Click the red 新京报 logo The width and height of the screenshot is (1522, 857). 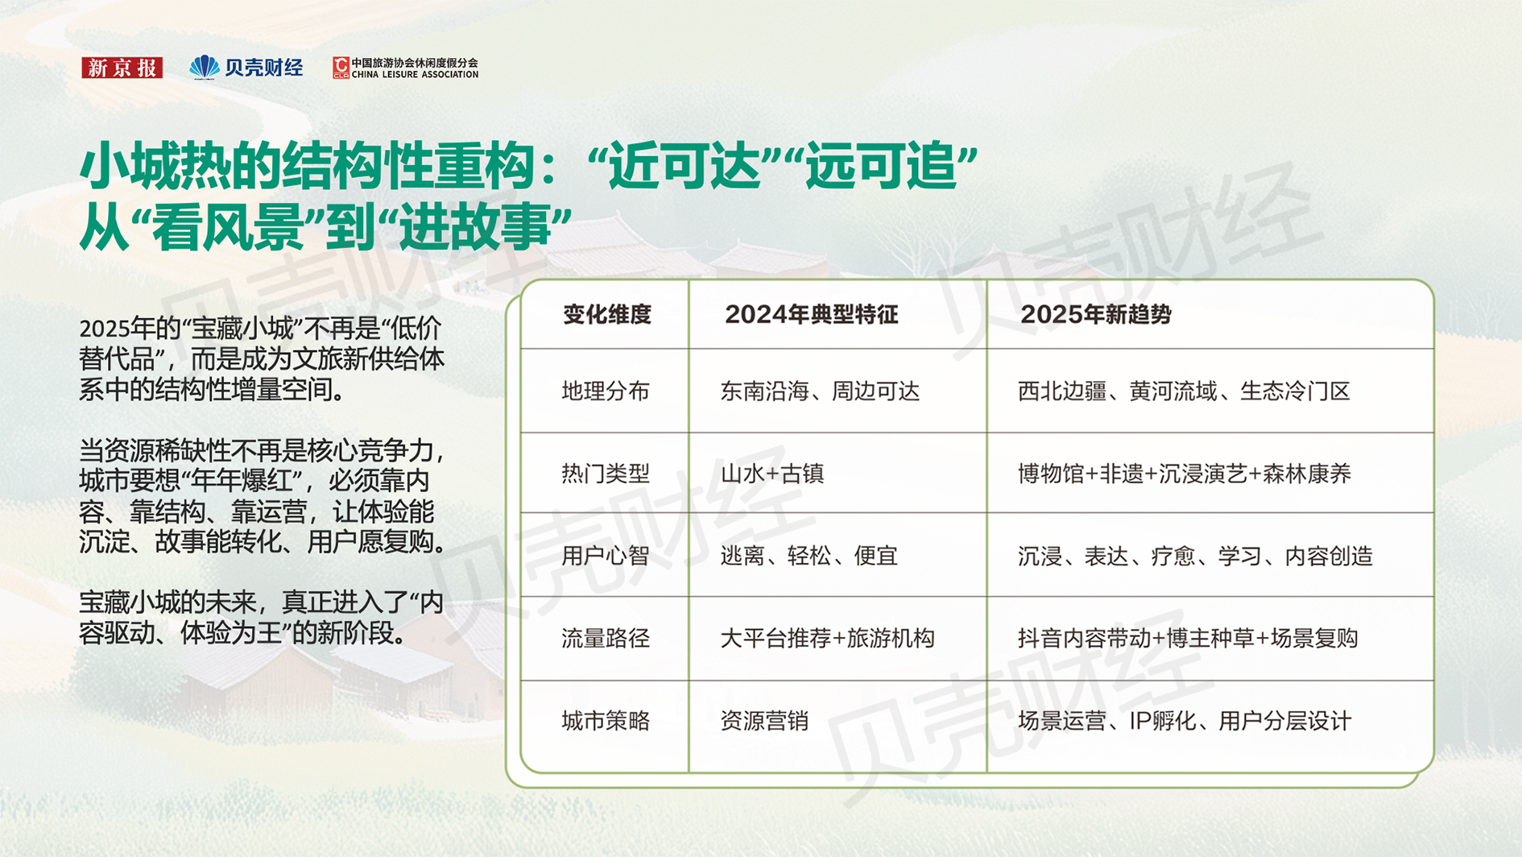click(122, 68)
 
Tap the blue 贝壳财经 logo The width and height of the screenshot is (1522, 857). click(246, 68)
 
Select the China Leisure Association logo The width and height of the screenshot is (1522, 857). click(406, 68)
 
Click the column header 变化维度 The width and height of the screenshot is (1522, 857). click(606, 315)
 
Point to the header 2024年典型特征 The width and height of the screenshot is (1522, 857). click(811, 315)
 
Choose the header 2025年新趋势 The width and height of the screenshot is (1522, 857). click(1096, 315)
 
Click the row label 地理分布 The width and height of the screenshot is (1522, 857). click(606, 391)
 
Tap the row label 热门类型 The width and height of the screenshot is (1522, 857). click(606, 474)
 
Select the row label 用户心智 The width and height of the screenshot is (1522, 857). click(606, 556)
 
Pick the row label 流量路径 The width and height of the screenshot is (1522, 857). click(606, 639)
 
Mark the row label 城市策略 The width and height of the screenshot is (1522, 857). click(606, 721)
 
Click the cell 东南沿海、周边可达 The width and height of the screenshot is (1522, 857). click(820, 391)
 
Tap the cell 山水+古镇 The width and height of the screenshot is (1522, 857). click(772, 474)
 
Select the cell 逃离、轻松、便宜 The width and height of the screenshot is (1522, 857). click(809, 556)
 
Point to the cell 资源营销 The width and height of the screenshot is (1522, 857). click(764, 721)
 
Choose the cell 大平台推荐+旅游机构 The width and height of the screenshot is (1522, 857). click(827, 639)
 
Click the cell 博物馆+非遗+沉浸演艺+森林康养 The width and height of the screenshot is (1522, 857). click(1185, 474)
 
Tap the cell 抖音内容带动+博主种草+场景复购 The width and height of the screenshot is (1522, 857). click(1188, 639)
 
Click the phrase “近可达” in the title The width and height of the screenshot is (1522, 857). click(684, 166)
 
